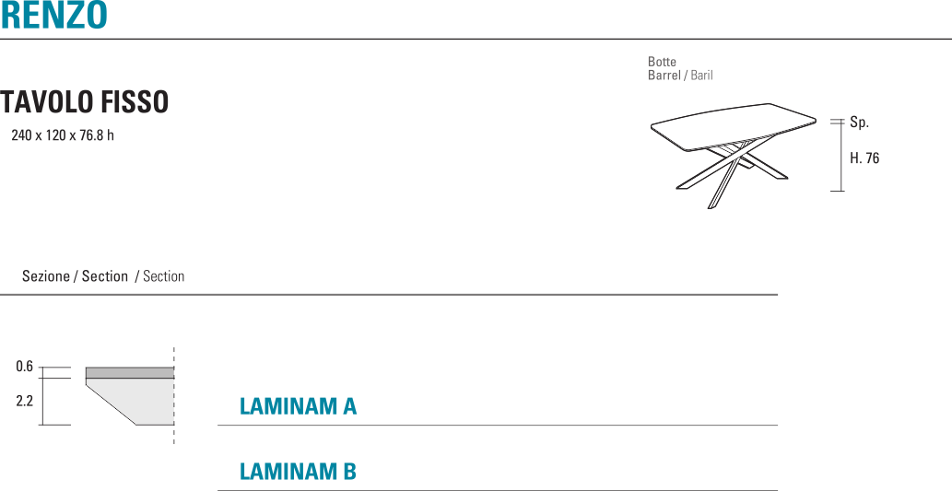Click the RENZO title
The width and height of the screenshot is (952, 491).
[53, 15]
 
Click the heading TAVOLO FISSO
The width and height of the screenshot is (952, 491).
[85, 102]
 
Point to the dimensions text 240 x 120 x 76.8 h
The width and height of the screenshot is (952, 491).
[63, 135]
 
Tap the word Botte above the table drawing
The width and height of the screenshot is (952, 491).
[662, 62]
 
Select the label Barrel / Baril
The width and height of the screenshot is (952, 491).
[680, 76]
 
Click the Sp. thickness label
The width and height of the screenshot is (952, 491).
[859, 123]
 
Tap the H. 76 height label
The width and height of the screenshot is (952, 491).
[864, 158]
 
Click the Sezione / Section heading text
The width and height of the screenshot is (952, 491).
[103, 276]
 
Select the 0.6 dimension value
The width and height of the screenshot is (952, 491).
[25, 367]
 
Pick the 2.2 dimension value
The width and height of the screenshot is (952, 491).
[25, 401]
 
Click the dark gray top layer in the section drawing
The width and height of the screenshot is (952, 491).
[129, 372]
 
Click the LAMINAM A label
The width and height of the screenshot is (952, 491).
[298, 406]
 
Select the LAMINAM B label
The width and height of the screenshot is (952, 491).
[298, 472]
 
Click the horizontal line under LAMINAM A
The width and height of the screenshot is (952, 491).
[498, 426]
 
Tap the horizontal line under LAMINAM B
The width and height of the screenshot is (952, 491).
[498, 490]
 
